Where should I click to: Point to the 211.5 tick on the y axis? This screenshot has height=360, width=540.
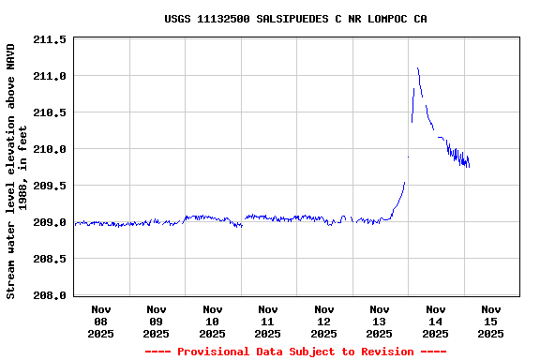(50, 39)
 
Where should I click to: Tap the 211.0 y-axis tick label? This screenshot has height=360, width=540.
(50, 76)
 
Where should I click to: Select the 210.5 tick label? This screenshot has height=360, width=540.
(50, 112)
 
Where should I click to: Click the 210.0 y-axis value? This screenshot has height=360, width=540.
(50, 149)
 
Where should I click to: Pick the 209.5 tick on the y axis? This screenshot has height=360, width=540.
(50, 186)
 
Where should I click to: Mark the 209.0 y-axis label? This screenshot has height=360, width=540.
(50, 222)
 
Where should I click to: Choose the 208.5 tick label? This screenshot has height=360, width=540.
(50, 259)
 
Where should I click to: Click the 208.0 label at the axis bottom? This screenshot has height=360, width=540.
(50, 295)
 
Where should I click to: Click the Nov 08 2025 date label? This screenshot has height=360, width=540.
(101, 321)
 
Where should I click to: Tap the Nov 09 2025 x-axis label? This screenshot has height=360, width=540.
(157, 321)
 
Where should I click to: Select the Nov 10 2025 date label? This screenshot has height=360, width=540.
(213, 321)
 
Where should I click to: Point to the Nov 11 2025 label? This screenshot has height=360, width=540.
(268, 321)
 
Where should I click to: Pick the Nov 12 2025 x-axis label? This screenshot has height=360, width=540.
(324, 321)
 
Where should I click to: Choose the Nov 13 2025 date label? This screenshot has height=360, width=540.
(380, 321)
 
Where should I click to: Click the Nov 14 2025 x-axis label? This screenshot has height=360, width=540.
(435, 321)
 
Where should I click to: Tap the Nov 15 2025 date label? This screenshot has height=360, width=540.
(491, 321)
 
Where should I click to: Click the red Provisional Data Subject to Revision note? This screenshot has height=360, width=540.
(295, 352)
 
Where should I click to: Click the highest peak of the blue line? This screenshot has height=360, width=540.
(417, 67)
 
